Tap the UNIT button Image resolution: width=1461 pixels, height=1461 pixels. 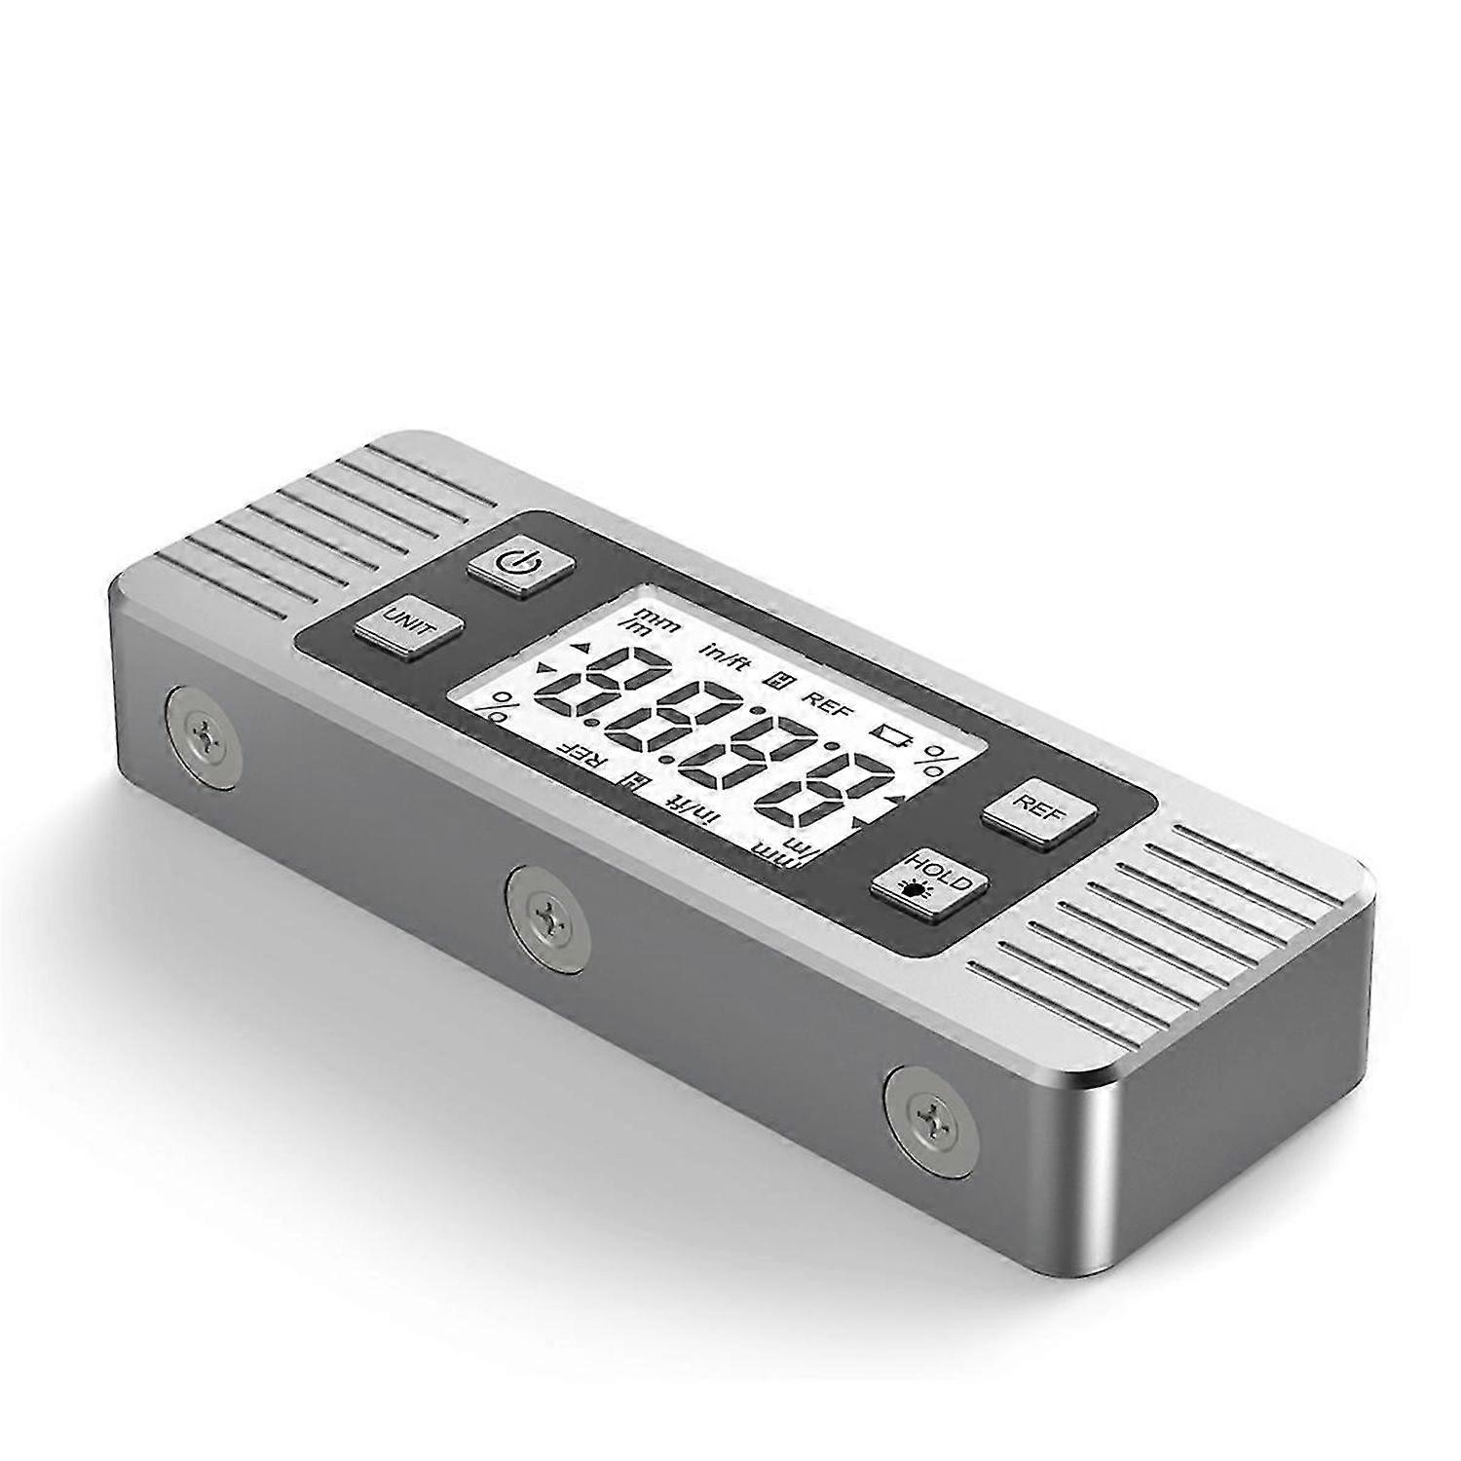click(x=407, y=621)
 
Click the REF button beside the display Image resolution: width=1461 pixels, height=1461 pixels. click(x=1038, y=807)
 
